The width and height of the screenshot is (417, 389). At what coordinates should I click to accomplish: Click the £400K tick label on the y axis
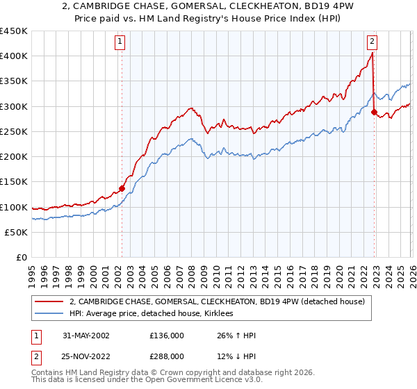(x=14, y=56)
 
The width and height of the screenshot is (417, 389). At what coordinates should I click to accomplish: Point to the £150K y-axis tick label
(x=14, y=182)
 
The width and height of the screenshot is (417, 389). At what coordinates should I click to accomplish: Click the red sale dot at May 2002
(x=122, y=188)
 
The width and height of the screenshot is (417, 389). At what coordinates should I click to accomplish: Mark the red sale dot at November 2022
(x=374, y=112)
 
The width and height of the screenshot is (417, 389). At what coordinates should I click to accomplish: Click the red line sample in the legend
(x=50, y=301)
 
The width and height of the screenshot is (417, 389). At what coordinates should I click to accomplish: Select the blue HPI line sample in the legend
(x=50, y=314)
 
